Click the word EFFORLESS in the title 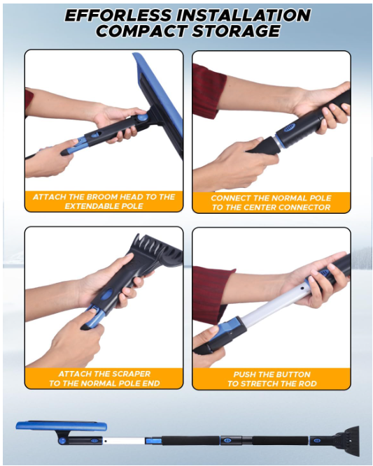tap(118, 15)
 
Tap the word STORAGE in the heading tap(236, 31)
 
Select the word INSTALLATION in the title tap(244, 15)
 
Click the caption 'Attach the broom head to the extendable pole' tap(104, 201)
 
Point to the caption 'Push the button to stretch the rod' tap(272, 379)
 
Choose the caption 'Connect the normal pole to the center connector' tap(272, 203)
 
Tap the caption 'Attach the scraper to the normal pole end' tap(104, 379)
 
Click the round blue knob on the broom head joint tap(143, 117)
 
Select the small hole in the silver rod tap(302, 288)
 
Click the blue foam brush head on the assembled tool tap(62, 426)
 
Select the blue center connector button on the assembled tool tap(227, 440)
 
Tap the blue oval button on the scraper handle tap(106, 295)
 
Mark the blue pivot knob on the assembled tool tap(62, 440)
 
